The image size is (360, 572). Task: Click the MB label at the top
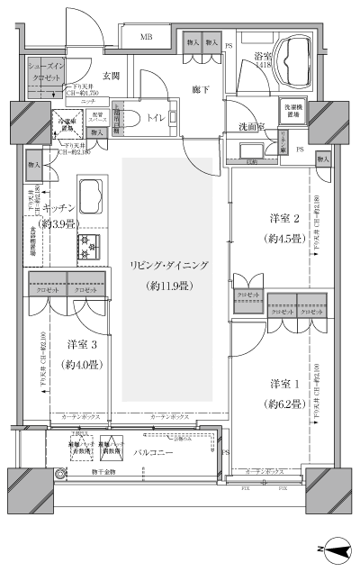(144, 37)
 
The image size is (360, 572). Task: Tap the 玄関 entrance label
(112, 77)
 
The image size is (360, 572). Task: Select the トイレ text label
(156, 116)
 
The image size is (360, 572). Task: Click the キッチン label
(58, 207)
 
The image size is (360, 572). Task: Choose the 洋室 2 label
(284, 219)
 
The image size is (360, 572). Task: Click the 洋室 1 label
(284, 385)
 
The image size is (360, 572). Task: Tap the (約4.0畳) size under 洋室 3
(82, 365)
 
